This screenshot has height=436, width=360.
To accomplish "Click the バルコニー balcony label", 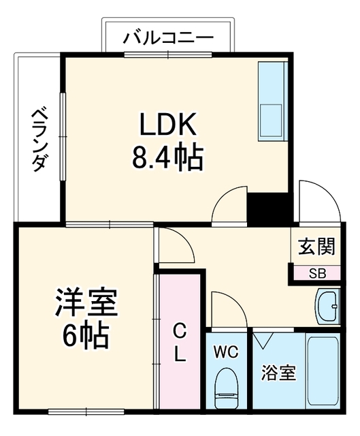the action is (x=168, y=37).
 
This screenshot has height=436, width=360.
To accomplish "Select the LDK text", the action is (x=167, y=124).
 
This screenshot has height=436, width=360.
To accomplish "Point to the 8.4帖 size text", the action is (x=167, y=157).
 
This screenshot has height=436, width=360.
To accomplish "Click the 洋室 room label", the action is (x=87, y=302).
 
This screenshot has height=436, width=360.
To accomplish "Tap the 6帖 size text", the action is (x=86, y=335).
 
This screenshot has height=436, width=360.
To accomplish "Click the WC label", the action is (x=226, y=352).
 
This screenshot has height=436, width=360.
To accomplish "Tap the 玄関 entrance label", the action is (x=317, y=246).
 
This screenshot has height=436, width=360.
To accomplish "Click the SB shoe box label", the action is (x=317, y=274).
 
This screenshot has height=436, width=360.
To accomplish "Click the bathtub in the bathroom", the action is (x=323, y=371).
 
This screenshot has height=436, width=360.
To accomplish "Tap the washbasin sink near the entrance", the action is (x=328, y=306).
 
